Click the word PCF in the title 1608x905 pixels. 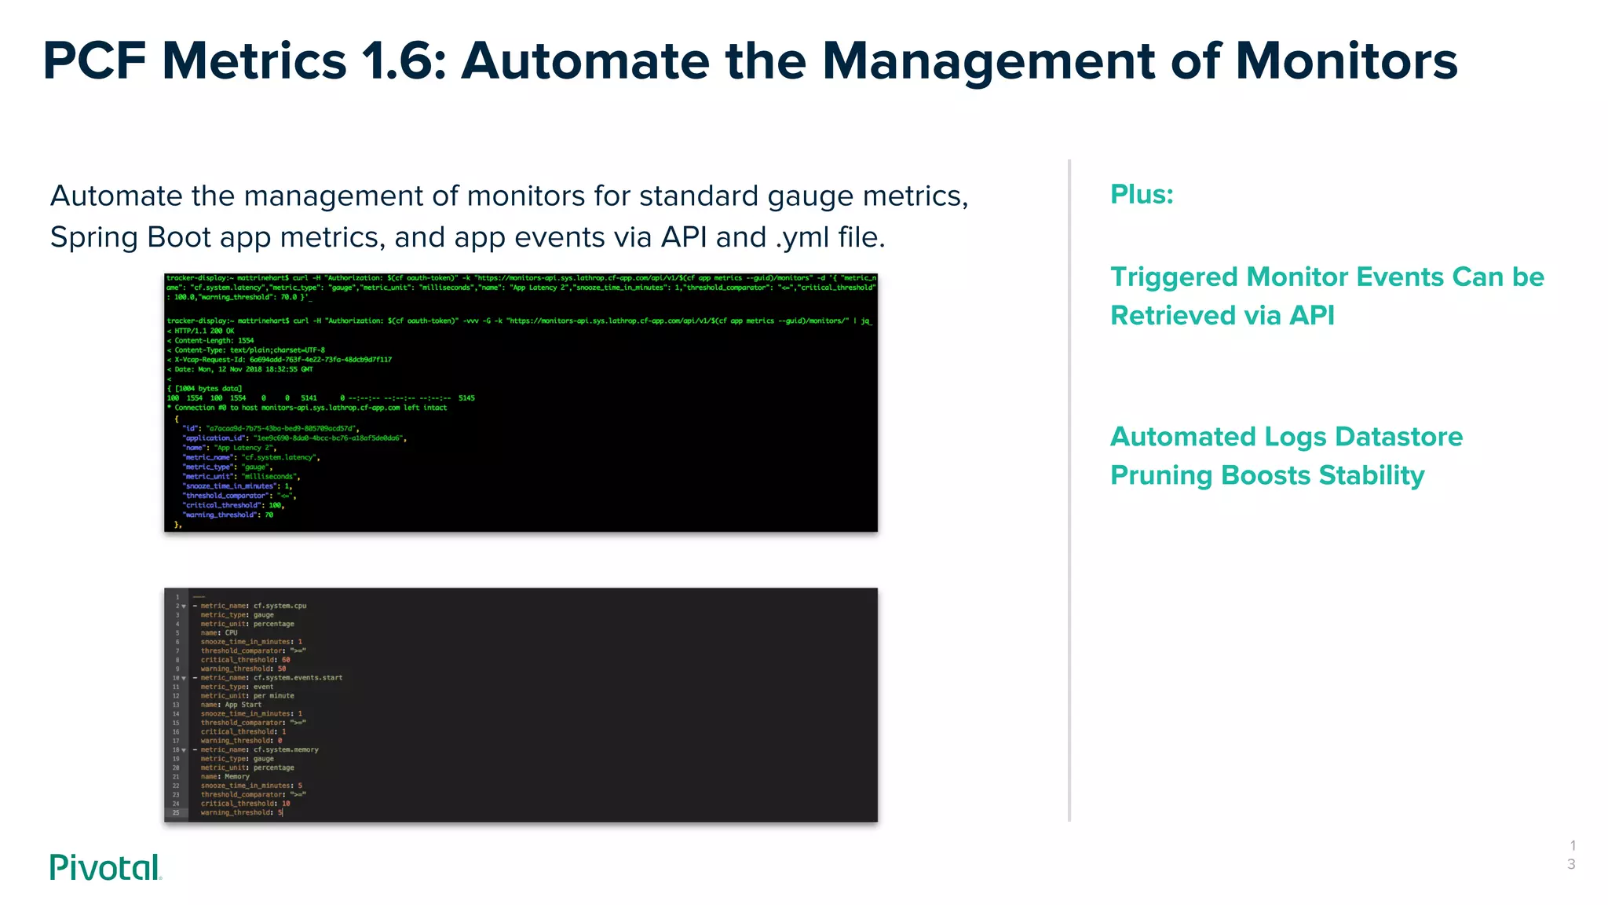94,61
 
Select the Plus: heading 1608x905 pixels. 1142,194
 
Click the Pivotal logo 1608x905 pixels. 105,867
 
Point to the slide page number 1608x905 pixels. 1572,855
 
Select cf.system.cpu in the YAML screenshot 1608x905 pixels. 280,606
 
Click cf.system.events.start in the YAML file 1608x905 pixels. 298,677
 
